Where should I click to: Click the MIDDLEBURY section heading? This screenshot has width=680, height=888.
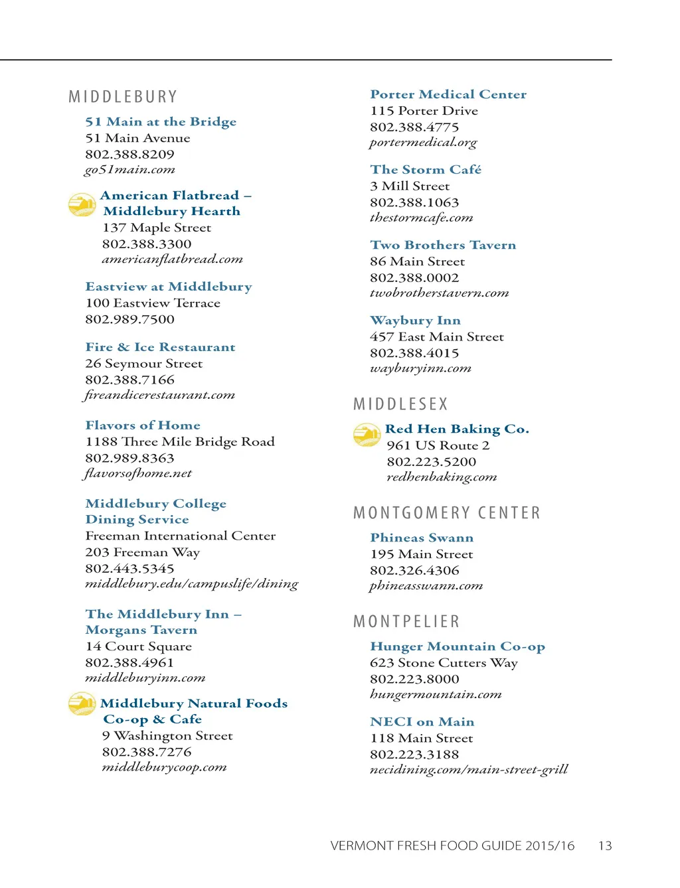[123, 97]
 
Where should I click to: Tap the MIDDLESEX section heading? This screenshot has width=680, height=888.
[400, 404]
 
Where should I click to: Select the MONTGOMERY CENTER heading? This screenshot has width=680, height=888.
[447, 513]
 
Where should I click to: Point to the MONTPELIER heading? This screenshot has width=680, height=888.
[406, 622]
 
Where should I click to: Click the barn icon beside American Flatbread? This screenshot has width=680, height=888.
[82, 204]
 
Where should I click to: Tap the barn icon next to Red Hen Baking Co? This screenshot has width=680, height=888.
[367, 435]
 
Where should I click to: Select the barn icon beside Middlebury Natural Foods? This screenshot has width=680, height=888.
[82, 703]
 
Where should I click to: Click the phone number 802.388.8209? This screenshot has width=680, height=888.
[129, 154]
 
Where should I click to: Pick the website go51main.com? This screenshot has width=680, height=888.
[129, 170]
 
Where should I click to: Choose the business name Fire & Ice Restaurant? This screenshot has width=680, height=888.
[160, 347]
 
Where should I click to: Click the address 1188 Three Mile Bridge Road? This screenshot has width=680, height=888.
[179, 442]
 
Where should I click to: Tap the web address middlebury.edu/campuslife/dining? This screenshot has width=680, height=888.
[191, 584]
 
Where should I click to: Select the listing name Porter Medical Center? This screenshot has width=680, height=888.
[448, 94]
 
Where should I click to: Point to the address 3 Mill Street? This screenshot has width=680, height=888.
[410, 186]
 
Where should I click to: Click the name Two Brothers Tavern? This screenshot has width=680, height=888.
[443, 245]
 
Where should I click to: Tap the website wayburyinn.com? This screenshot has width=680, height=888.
[420, 368]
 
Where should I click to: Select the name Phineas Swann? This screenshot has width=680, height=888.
[422, 538]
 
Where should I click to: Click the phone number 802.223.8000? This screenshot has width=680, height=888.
[414, 679]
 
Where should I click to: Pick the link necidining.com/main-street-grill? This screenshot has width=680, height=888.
[469, 770]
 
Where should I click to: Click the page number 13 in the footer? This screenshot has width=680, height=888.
[605, 846]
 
